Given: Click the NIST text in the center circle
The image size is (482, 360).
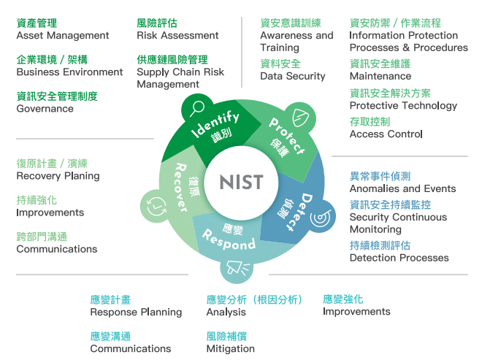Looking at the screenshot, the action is click(x=241, y=182).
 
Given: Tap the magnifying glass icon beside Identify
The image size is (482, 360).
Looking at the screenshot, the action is click(x=196, y=109).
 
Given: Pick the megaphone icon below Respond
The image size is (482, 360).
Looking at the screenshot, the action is click(x=237, y=269).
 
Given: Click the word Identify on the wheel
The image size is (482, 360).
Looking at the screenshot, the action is click(x=215, y=124).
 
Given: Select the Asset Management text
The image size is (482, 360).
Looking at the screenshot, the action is click(x=63, y=35).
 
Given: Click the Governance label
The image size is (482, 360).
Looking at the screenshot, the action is click(x=45, y=109).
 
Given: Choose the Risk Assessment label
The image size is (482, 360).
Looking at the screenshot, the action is click(x=177, y=35).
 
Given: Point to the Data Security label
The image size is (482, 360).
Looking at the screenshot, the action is click(x=293, y=76).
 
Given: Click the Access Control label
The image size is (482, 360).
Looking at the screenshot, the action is click(x=386, y=134).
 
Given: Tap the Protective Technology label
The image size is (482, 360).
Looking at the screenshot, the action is click(x=403, y=105).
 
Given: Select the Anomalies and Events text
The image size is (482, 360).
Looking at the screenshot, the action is click(x=402, y=188).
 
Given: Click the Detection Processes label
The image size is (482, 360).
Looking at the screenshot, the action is click(x=399, y=257).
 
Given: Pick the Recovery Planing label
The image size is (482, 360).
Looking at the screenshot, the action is click(x=58, y=176).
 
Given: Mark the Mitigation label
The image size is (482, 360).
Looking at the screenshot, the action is click(x=230, y=348).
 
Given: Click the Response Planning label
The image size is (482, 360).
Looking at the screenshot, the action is click(x=136, y=312).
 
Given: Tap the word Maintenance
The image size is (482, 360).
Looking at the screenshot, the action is click(x=380, y=76).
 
